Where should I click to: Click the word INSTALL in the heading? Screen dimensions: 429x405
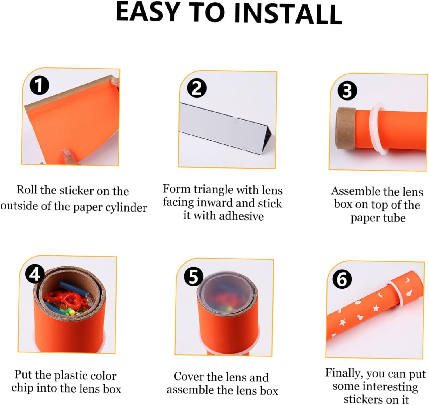288,13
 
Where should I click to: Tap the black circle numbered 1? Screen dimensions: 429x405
39,85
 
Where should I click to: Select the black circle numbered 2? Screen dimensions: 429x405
196,88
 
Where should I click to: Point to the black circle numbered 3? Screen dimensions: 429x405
347,91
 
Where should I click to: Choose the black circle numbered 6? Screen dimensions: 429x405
342,279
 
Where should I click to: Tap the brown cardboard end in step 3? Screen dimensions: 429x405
346,128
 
